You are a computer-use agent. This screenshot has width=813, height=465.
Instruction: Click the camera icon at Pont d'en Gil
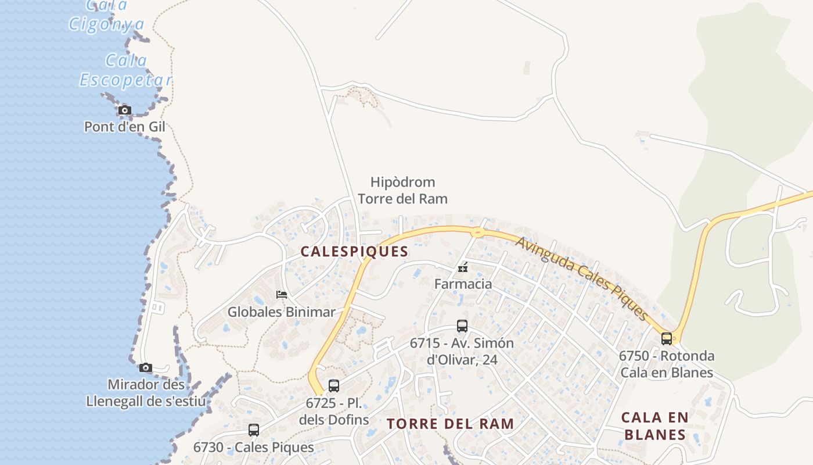point(124,110)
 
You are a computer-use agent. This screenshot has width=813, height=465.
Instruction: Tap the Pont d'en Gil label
point(125,127)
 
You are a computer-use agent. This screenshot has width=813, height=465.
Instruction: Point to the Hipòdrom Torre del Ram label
point(402,191)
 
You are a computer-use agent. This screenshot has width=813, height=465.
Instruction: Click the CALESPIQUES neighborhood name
point(354,252)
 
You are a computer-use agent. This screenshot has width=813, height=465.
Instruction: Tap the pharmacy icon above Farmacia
point(463,267)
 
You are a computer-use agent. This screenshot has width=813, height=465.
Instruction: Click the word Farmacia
point(463,284)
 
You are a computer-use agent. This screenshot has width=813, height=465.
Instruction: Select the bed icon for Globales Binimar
point(282,295)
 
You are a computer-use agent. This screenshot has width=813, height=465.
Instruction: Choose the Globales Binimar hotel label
point(281,312)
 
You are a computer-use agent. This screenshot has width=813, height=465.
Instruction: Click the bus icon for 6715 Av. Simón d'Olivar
point(462,326)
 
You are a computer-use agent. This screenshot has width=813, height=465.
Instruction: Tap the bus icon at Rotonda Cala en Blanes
point(667,338)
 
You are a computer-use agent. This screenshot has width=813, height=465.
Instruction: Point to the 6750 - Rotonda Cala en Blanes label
point(667,364)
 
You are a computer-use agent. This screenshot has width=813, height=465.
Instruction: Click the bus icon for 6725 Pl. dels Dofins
point(334,385)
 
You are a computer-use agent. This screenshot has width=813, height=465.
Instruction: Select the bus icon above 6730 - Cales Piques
point(254,430)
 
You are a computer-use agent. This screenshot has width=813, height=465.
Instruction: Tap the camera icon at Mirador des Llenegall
point(146,367)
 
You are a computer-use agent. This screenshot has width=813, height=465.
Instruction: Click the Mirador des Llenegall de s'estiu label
point(146,393)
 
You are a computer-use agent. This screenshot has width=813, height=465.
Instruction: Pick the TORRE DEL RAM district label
point(451,424)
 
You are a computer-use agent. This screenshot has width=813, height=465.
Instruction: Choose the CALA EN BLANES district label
point(654,426)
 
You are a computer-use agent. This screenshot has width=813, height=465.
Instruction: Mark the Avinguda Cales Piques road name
point(581,278)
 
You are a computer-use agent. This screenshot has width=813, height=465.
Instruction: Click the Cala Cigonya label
point(107,16)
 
